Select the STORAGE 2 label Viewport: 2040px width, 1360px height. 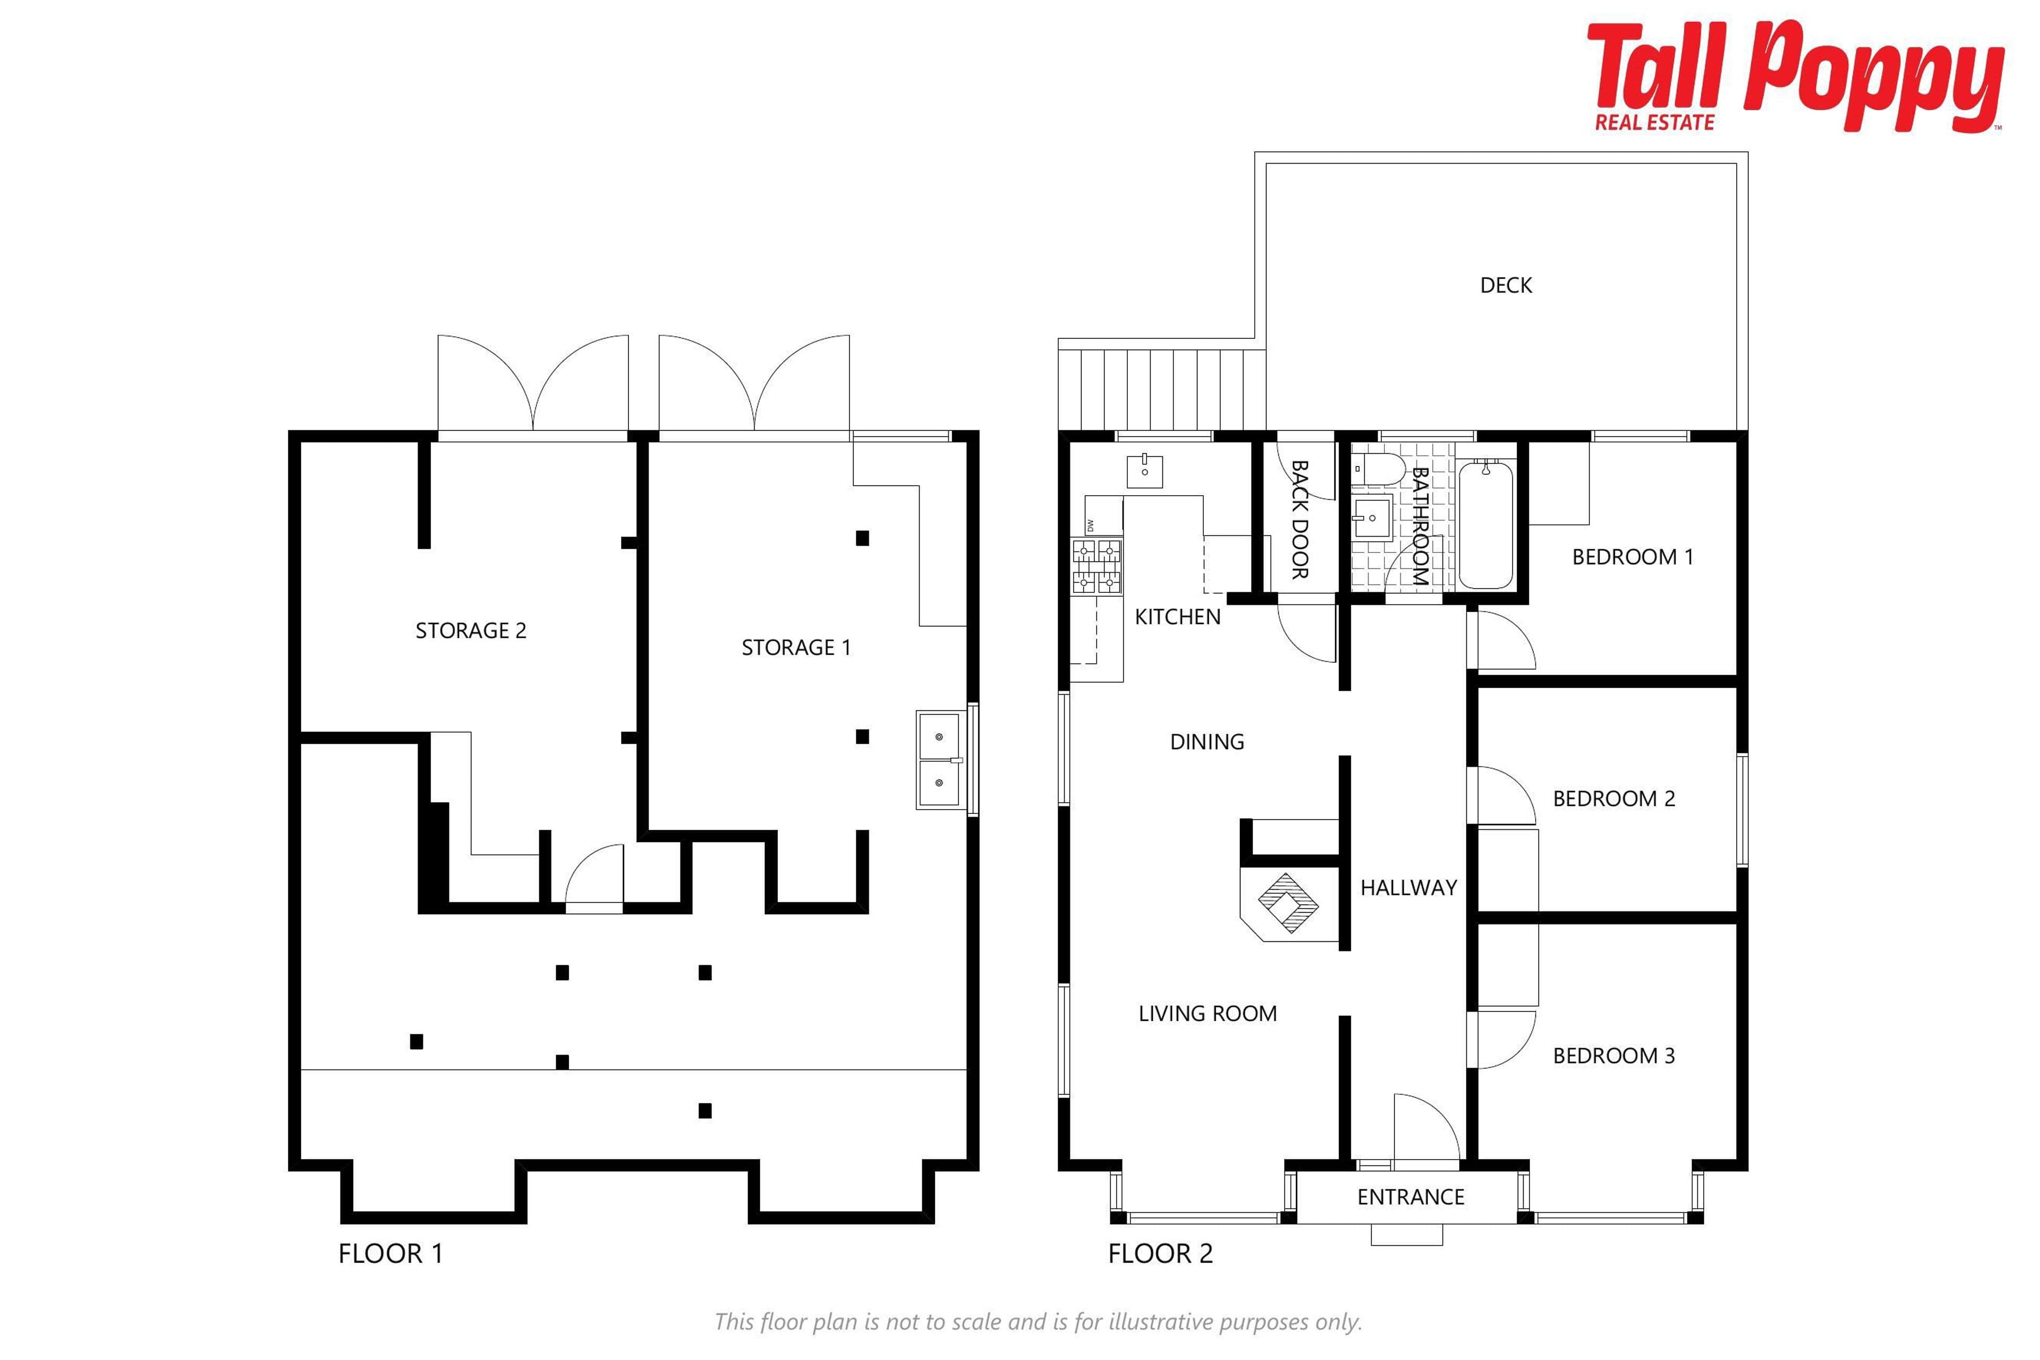coord(471,631)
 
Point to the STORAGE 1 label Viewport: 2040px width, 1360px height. coord(796,647)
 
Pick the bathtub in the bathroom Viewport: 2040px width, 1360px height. coord(1486,525)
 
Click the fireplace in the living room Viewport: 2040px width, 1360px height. coord(1288,903)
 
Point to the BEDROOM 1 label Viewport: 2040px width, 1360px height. coord(1633,557)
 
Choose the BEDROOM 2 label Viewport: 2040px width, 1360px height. coord(1613,799)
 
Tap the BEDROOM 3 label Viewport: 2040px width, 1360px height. coord(1613,1056)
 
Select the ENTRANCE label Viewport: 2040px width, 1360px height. coord(1410,1197)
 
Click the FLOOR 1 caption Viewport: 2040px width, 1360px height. coord(390,1253)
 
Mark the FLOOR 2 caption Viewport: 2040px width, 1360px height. coord(1160,1253)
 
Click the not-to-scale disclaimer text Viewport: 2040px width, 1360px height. coord(1038,1322)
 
